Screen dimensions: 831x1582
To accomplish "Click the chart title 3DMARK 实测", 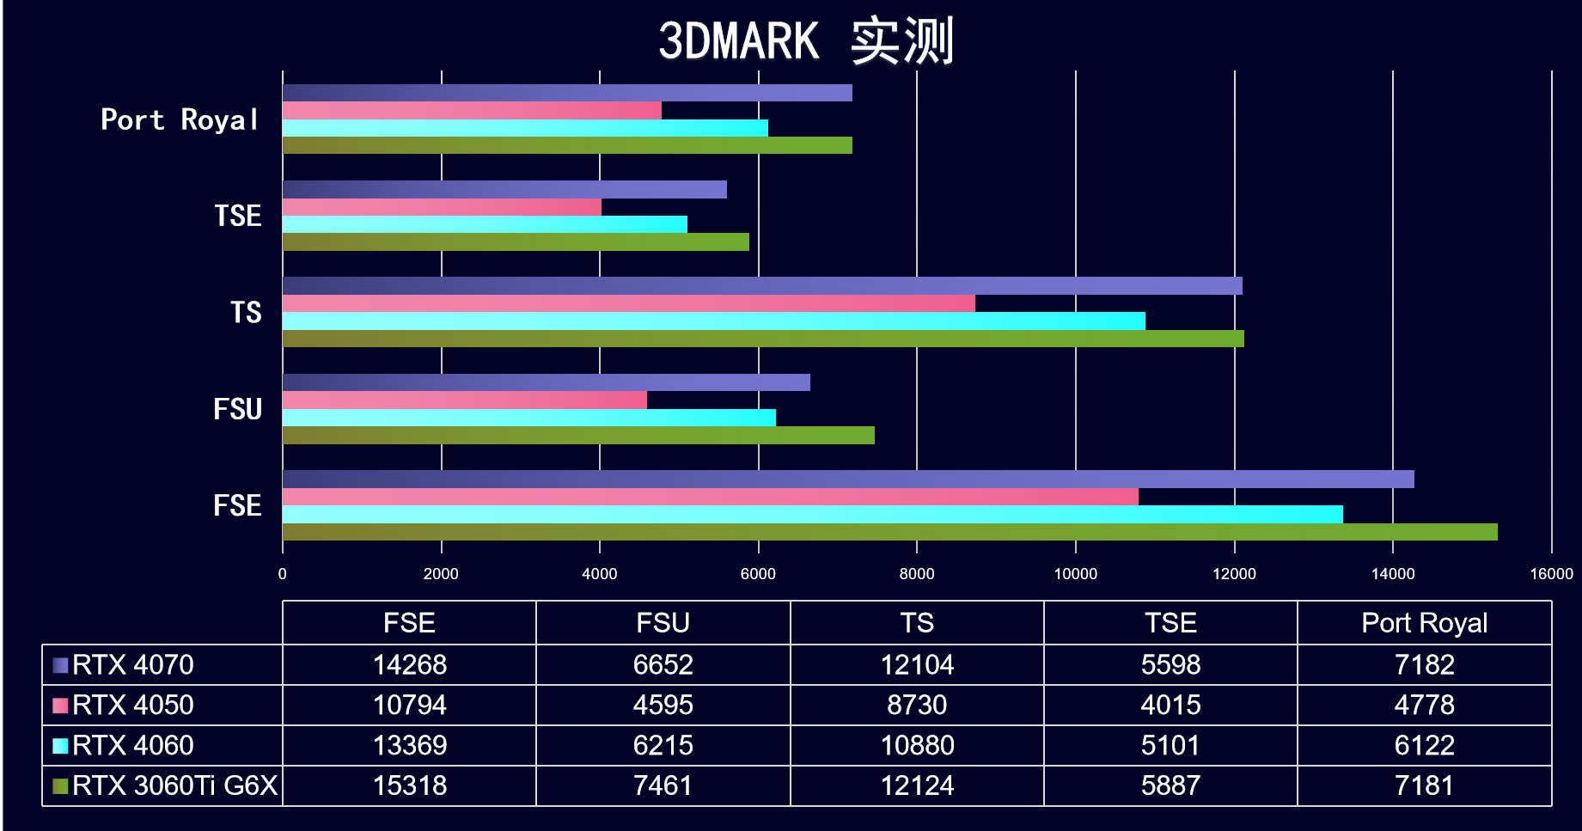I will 805,41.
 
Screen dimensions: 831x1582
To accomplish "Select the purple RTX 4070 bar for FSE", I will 847,480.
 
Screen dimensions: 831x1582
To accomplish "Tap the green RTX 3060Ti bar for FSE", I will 889,532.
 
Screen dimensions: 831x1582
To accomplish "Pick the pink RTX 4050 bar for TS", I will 628,303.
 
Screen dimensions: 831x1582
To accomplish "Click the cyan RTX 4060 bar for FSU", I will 528,418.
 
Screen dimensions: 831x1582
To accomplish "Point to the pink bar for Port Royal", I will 472,111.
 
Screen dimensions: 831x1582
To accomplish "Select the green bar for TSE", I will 516,242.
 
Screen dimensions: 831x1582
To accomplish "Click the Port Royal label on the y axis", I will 179,119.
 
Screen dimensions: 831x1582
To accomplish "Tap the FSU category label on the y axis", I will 237,409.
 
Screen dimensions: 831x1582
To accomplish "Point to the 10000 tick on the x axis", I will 1075,574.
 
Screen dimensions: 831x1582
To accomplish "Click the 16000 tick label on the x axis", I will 1551,574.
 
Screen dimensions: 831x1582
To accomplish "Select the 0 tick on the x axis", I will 283,574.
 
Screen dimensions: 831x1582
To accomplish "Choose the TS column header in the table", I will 917,623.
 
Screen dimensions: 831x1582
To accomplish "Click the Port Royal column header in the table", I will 1424,623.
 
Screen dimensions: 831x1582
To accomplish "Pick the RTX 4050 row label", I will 133,706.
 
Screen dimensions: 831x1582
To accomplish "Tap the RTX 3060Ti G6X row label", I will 174,786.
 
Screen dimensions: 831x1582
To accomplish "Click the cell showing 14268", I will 409,665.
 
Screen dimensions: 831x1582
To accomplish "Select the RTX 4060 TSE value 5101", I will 1170,746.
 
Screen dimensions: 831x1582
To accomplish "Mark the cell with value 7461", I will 663,786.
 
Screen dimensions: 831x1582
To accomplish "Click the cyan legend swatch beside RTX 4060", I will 60,746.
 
